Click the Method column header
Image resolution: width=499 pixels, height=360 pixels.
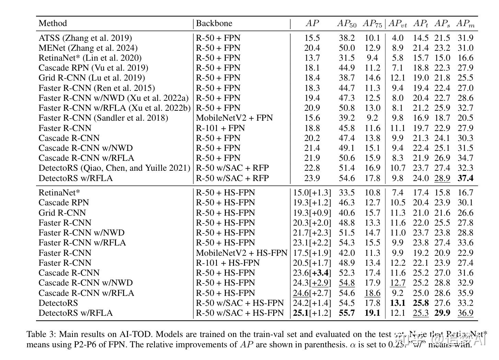coord(53,23)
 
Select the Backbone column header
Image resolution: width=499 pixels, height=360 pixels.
coord(214,23)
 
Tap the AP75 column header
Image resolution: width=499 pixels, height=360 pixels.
coord(372,23)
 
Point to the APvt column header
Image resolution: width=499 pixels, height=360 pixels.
coord(398,23)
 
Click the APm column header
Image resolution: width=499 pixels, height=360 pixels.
coord(465,23)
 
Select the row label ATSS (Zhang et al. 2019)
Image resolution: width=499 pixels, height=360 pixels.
coord(85,38)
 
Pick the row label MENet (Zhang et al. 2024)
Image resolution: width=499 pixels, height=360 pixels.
coord(88,48)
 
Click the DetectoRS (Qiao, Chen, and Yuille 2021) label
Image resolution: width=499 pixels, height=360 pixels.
coord(114,168)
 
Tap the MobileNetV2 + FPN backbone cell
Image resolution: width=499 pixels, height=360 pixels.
coord(234,118)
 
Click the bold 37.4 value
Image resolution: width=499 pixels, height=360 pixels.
coord(465,178)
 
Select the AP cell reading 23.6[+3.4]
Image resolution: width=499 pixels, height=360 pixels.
coord(312,273)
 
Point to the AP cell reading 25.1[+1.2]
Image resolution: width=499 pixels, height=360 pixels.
coord(312,313)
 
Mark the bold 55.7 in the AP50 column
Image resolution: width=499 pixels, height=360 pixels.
coord(347,313)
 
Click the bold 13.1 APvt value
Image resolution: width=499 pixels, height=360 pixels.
coord(398,303)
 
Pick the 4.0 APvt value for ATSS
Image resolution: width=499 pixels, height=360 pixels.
coord(398,38)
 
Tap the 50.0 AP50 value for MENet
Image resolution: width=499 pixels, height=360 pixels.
coord(347,48)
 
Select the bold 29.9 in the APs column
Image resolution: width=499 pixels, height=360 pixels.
coord(442,313)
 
